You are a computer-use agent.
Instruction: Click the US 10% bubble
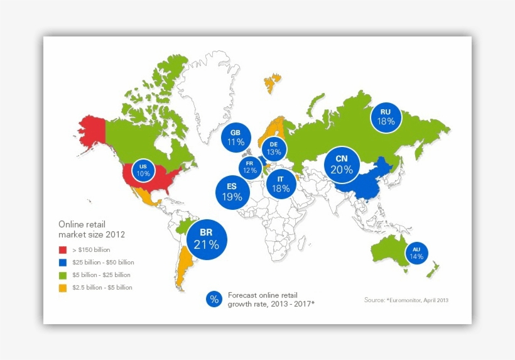pyautogui.click(x=143, y=170)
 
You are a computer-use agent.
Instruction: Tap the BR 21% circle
pyautogui.click(x=206, y=240)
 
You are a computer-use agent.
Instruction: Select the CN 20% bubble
pyautogui.click(x=342, y=165)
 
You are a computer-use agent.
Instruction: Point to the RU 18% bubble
pyautogui.click(x=386, y=117)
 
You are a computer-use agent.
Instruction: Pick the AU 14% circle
pyautogui.click(x=416, y=253)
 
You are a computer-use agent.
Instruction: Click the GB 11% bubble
pyautogui.click(x=236, y=138)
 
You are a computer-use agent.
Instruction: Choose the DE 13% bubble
pyautogui.click(x=273, y=149)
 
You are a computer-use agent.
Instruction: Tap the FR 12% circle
pyautogui.click(x=250, y=167)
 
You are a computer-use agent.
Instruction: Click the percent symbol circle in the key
pyautogui.click(x=214, y=300)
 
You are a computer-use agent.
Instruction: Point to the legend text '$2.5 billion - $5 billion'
pyautogui.click(x=102, y=288)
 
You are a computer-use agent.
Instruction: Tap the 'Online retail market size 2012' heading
pyautogui.click(x=91, y=229)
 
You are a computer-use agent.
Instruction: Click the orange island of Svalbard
pyautogui.click(x=273, y=82)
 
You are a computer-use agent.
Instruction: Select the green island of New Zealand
pyautogui.click(x=432, y=270)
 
